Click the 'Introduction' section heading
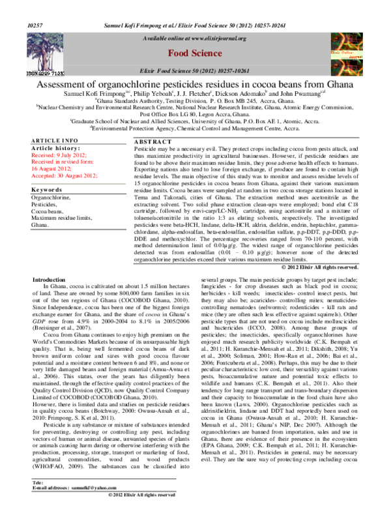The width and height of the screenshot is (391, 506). point(53,297)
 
